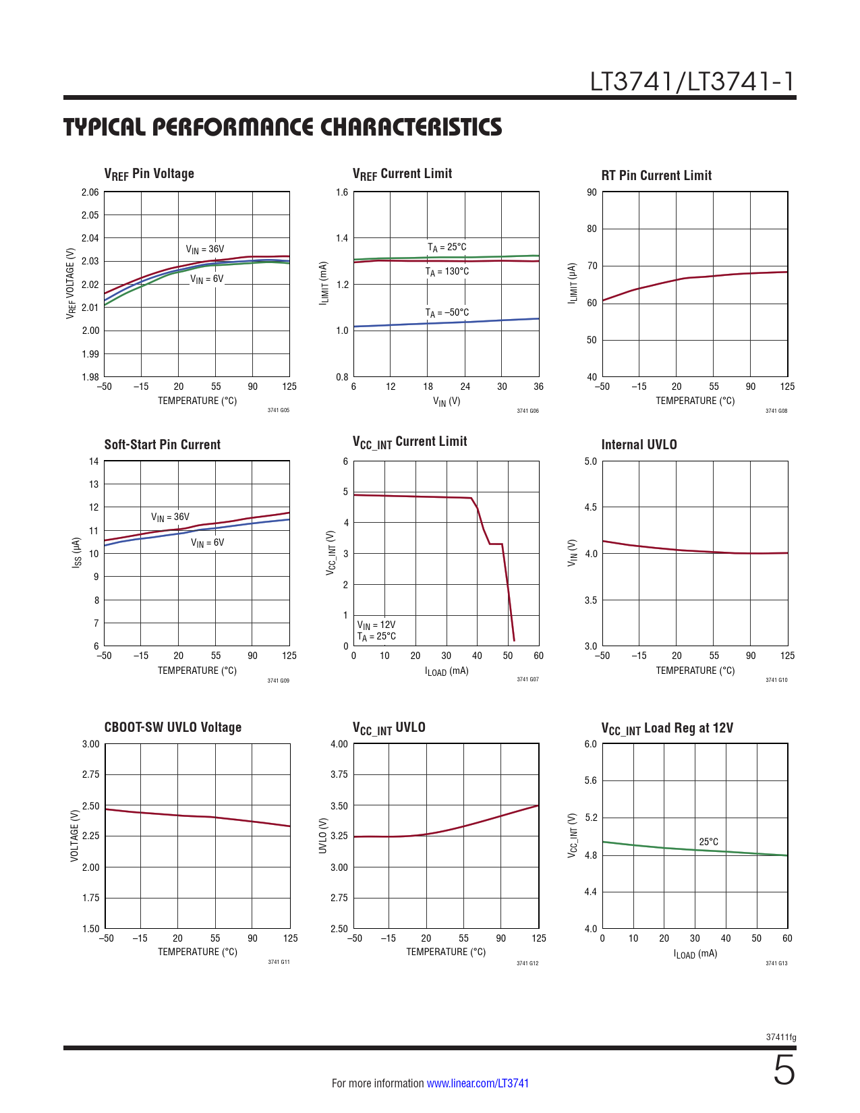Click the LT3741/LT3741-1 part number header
[x=692, y=82]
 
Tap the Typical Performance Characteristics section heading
[x=283, y=127]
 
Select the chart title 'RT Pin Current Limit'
[x=656, y=175]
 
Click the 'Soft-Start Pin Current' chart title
[x=162, y=445]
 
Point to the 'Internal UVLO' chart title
[x=639, y=445]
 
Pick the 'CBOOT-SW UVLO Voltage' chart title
[x=173, y=727]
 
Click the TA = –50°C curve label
[x=447, y=313]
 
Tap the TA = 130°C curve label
[x=447, y=272]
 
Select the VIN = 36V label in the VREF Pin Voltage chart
[x=205, y=250]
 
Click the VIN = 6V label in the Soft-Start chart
[x=207, y=543]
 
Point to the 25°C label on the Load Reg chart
[x=708, y=842]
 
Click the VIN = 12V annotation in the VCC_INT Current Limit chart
[x=376, y=625]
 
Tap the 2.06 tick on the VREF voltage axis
[x=90, y=192]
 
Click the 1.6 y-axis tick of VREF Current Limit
[x=342, y=192]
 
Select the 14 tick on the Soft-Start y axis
[x=94, y=461]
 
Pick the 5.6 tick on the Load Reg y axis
[x=590, y=780]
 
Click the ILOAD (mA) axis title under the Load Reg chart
[x=695, y=954]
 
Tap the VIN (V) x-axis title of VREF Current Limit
[x=446, y=401]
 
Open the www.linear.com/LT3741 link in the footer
[x=478, y=1083]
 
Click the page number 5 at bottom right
[x=784, y=1071]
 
